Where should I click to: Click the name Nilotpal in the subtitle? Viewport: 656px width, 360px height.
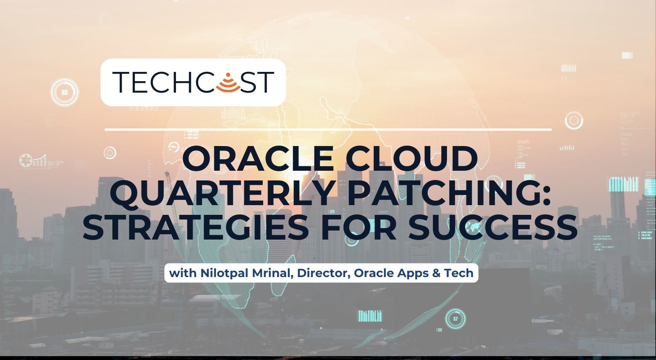point(224,273)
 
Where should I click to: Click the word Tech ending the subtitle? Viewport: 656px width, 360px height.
point(458,273)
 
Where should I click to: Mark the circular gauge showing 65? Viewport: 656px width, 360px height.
point(65,93)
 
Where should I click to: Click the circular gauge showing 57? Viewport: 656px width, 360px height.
point(455,319)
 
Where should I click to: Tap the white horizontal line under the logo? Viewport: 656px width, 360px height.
point(328,130)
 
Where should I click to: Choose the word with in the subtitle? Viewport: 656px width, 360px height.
point(183,273)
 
